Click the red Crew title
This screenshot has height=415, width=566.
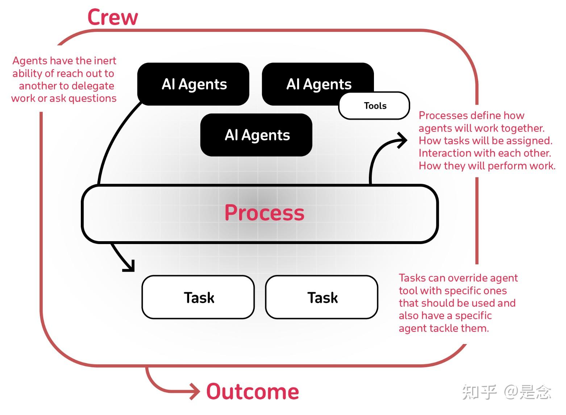coord(113,17)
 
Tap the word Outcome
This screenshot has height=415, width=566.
coord(253,391)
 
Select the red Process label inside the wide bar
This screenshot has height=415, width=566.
coord(264,213)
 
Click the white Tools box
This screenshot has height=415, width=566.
coord(375,106)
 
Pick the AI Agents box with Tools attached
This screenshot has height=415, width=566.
coord(318,84)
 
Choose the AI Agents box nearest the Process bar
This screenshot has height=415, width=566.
coord(257,135)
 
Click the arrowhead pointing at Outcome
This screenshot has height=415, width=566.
coord(195,391)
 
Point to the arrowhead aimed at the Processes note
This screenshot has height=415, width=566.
coord(402,140)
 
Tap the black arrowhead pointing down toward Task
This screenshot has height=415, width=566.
coord(130,266)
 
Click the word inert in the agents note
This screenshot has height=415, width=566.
coord(105,60)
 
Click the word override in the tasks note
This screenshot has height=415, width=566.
coord(462,278)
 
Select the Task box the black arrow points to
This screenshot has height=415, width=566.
coord(198,297)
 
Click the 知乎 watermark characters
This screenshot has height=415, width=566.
coord(479,392)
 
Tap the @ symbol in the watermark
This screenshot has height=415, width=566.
coord(511,392)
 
